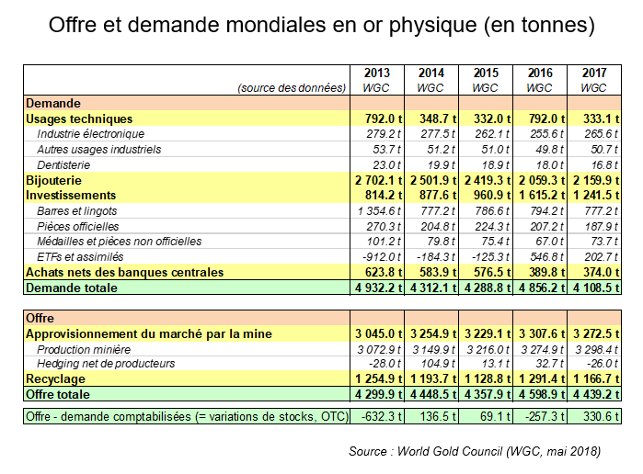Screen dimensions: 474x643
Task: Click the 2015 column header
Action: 486,73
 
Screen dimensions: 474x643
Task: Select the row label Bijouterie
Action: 54,180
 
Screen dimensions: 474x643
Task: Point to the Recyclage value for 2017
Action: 594,379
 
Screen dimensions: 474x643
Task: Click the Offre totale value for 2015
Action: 486,395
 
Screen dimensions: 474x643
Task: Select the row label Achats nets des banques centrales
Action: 125,273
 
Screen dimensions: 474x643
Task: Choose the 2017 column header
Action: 594,73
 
